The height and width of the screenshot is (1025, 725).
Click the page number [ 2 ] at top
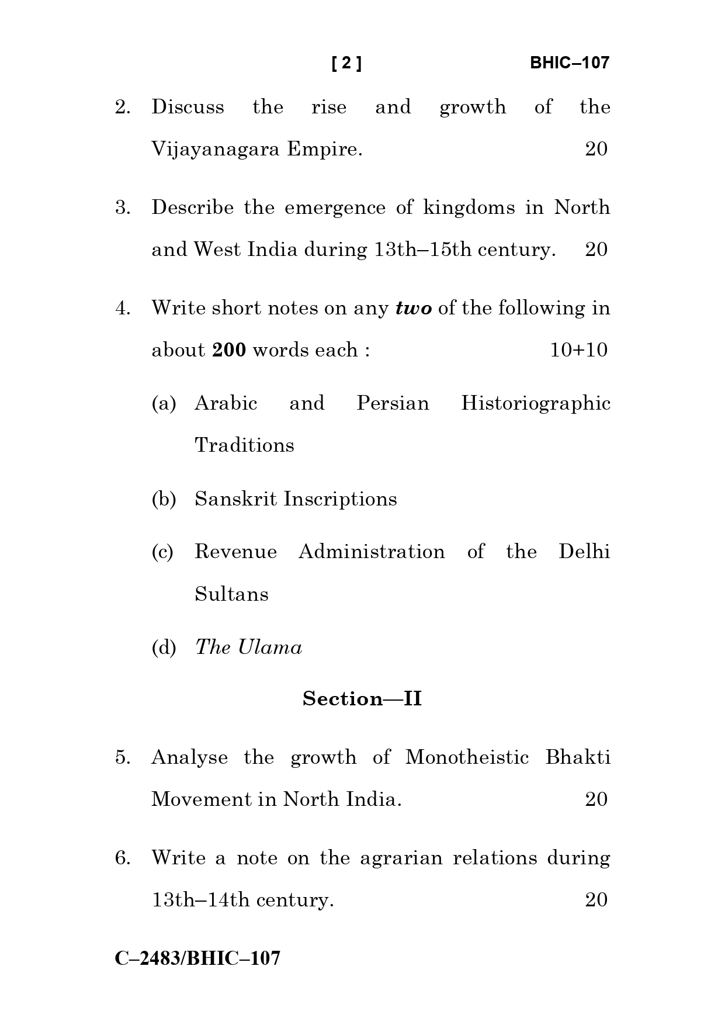coord(346,63)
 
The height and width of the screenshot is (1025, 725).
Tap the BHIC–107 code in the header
coord(569,63)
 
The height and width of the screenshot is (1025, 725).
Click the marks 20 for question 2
coord(596,150)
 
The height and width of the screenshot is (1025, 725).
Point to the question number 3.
coord(122,208)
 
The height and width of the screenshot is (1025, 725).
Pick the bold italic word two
coord(414,309)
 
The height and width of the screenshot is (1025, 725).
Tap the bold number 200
coord(229,350)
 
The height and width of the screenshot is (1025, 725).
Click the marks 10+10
coord(578,350)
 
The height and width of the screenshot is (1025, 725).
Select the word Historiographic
coord(535,403)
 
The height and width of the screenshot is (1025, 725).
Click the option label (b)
coord(164,499)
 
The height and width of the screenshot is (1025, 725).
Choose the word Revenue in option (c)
coord(235,552)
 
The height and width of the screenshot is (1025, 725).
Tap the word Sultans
coord(231,594)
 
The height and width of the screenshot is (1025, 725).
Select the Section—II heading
coord(362,699)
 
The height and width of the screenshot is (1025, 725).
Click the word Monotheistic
coord(467,757)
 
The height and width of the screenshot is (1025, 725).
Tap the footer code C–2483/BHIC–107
coord(197,958)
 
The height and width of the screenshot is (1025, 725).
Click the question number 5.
coord(122,757)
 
